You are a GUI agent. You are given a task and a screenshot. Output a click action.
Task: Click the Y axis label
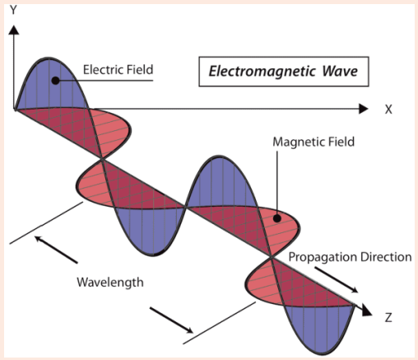13,10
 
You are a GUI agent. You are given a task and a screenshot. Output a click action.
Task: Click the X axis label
388,110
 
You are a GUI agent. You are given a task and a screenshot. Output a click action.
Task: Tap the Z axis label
388,317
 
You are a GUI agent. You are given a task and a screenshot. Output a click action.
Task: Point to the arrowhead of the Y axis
13,30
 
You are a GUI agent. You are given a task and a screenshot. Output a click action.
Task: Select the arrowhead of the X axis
363,109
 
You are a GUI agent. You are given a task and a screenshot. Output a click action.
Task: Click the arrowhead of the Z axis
367,311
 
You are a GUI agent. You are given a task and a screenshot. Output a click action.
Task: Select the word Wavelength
110,283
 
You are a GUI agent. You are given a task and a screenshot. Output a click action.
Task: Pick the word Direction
386,257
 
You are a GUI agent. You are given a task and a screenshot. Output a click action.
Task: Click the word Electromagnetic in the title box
262,72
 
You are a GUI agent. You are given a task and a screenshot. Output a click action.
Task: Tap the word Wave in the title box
340,71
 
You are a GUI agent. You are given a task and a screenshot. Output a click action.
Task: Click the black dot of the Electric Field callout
55,81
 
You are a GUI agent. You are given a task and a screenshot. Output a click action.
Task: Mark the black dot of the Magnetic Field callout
277,218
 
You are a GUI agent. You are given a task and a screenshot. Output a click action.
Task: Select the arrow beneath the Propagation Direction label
337,279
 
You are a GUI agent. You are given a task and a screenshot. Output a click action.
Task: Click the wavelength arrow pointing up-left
56,250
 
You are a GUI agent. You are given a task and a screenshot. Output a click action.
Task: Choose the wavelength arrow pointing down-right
171,320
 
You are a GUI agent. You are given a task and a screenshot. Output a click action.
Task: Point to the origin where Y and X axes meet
14,109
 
